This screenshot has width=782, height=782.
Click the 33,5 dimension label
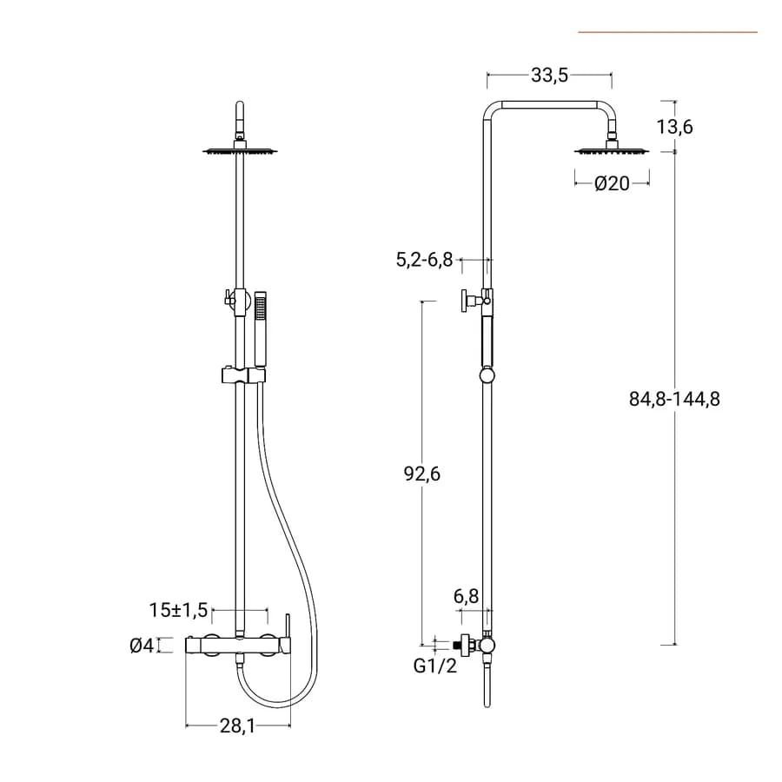click(549, 76)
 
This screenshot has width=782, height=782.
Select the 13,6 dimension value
click(674, 127)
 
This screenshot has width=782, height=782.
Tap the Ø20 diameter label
click(612, 183)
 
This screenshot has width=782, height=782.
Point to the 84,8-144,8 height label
click(674, 399)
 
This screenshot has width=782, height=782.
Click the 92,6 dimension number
click(422, 474)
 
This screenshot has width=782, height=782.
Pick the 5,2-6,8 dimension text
click(424, 260)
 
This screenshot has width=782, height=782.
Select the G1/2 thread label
click(435, 666)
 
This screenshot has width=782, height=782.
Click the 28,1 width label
click(237, 726)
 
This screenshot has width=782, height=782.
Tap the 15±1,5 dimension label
click(178, 610)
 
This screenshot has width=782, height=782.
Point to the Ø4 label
click(142, 646)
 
